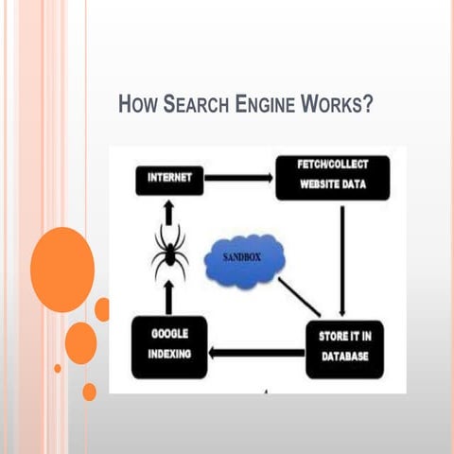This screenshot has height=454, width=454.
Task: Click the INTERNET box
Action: point(169,177)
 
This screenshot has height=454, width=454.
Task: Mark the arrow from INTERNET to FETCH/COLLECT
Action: point(238,177)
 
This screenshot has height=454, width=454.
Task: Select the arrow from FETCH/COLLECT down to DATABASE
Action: point(342,260)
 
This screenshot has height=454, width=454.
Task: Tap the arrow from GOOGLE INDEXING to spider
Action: point(169,300)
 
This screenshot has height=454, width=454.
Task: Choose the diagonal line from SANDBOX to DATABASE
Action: point(300,297)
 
